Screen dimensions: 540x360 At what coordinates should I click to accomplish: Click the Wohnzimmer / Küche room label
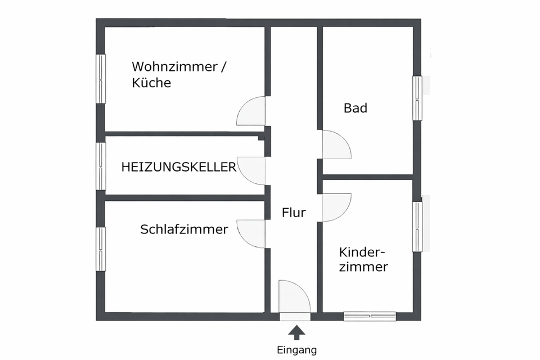pyautogui.click(x=179, y=74)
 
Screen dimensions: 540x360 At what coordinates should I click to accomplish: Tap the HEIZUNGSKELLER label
pyautogui.click(x=179, y=167)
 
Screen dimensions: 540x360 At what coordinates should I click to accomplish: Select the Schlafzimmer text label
pyautogui.click(x=184, y=229)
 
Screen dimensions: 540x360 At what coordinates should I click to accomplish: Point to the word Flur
pyautogui.click(x=294, y=213)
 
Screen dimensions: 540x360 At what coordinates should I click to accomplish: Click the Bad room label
pyautogui.click(x=355, y=108)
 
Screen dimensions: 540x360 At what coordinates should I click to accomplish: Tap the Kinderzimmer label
pyautogui.click(x=364, y=259)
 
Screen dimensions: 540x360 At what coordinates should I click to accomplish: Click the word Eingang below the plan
pyautogui.click(x=296, y=350)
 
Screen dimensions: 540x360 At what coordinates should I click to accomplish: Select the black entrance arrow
pyautogui.click(x=296, y=333)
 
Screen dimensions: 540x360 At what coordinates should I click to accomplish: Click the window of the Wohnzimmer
pyautogui.click(x=101, y=79)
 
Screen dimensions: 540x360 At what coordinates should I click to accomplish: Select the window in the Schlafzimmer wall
pyautogui.click(x=101, y=249)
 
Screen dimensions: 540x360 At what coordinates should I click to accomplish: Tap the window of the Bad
pyautogui.click(x=417, y=98)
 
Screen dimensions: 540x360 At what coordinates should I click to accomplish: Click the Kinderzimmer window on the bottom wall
pyautogui.click(x=370, y=316)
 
